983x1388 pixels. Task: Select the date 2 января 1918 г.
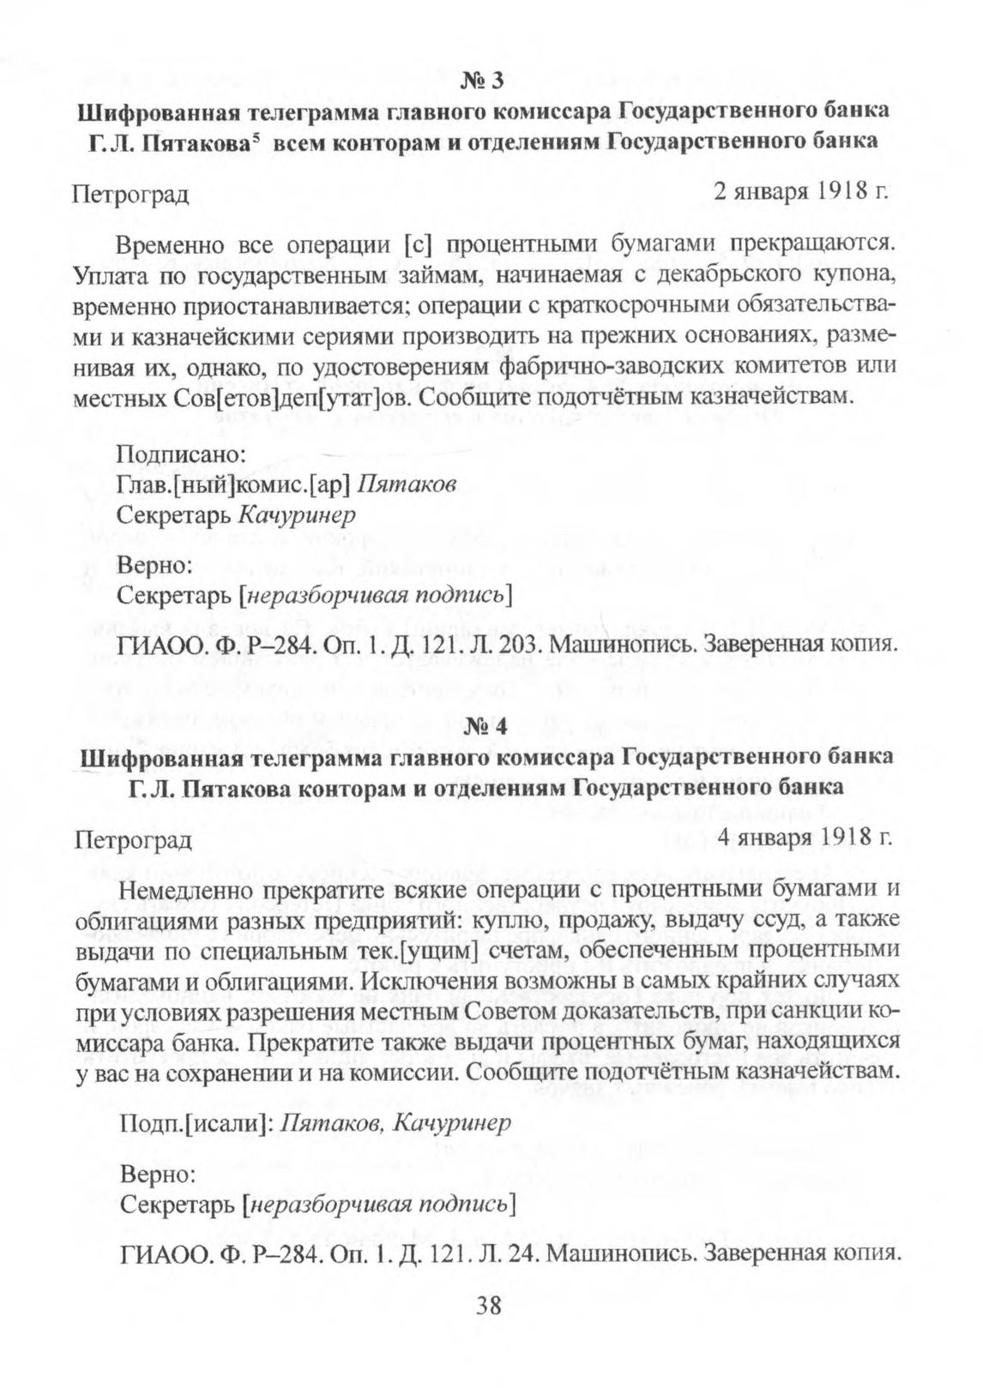coord(799,190)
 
